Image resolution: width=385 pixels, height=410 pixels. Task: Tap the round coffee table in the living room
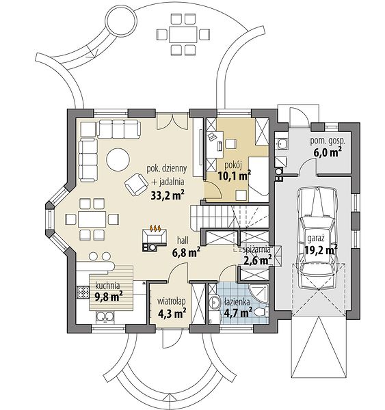coord(118,159)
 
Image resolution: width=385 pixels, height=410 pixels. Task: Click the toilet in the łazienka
coord(261,312)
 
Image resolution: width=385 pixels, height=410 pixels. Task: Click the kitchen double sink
coord(105,316)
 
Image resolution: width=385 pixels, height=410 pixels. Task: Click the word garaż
coord(316,238)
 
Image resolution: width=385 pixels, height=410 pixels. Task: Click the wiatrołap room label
coord(172,301)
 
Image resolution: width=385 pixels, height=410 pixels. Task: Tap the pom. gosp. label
coord(328,141)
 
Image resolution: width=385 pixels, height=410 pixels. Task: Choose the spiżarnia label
coord(257,249)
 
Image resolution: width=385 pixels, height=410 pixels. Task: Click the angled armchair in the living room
coord(137,184)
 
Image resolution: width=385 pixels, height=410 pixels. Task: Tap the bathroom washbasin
coord(215,303)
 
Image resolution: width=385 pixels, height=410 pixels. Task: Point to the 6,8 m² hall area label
coord(187,253)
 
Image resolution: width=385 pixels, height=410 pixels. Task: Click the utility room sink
coord(282,143)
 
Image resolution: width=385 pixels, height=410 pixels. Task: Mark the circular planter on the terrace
coord(122,21)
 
